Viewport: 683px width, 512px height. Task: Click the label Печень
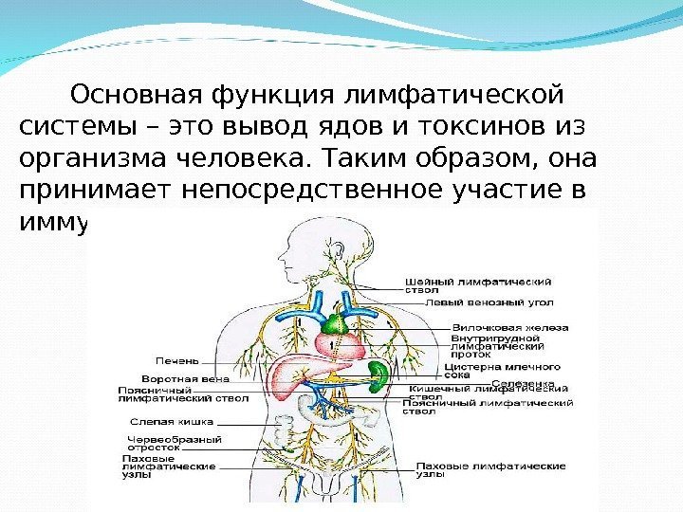[x=177, y=359]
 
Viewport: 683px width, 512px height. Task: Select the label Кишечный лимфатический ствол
[x=489, y=389]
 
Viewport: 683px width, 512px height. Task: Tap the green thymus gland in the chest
[x=331, y=325]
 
